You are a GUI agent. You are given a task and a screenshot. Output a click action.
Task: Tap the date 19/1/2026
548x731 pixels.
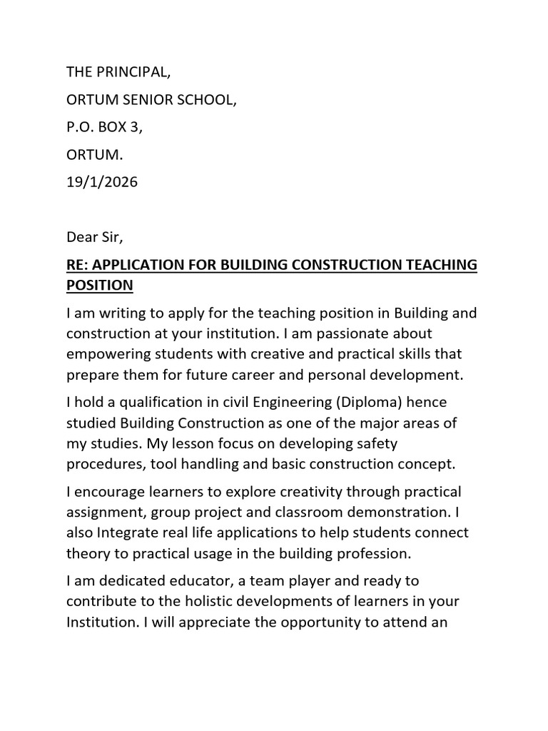(x=102, y=182)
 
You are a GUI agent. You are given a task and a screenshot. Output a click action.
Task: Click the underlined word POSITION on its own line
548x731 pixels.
(x=100, y=286)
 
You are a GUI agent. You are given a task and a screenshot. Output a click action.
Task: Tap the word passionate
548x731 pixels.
(x=361, y=334)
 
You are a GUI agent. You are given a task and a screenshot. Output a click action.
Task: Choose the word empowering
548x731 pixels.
(x=111, y=354)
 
